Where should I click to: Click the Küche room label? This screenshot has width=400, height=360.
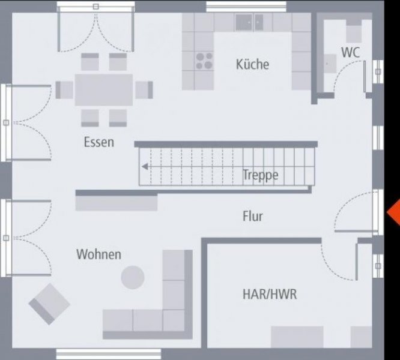(252, 64)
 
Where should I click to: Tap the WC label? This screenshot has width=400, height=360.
(350, 52)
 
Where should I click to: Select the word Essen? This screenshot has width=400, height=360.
(99, 143)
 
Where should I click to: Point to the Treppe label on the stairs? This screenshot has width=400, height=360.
(260, 175)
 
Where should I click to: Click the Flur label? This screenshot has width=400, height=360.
(253, 216)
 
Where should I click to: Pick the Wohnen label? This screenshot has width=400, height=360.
(98, 254)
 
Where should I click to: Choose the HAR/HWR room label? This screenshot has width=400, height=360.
(270, 295)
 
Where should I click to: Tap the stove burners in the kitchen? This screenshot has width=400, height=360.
(204, 61)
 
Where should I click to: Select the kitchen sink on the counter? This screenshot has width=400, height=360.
(249, 23)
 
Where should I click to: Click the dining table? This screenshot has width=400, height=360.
(104, 90)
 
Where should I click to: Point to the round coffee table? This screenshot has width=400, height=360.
(133, 277)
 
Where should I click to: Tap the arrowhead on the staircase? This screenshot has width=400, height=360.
(144, 167)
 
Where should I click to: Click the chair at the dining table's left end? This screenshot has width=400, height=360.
(64, 90)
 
